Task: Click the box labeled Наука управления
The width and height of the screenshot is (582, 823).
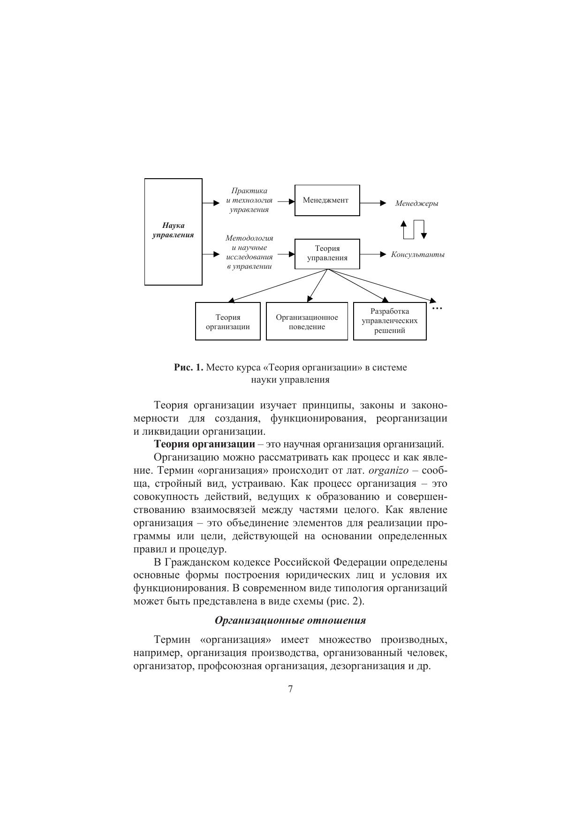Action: click(173, 231)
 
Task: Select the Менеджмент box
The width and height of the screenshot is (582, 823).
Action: click(327, 200)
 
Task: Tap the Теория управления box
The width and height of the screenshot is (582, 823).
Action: click(327, 254)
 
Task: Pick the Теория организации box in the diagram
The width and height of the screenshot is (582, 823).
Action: click(227, 321)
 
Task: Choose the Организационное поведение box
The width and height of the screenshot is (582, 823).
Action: click(307, 321)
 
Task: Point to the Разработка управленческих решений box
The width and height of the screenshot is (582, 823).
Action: click(389, 321)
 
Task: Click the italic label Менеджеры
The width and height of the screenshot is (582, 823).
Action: click(416, 204)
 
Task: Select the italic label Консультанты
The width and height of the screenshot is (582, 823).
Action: click(417, 255)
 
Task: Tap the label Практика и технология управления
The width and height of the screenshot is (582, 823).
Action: click(249, 200)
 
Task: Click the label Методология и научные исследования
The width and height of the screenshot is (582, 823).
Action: click(249, 252)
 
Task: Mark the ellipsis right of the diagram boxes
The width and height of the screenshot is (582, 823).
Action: click(437, 308)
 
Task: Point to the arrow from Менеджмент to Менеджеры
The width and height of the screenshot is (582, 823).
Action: click(373, 203)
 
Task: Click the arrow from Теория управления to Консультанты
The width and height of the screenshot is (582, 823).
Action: click(373, 254)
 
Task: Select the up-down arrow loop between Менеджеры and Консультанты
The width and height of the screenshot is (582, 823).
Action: click(413, 229)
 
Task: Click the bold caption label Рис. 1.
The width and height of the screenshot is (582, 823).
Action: click(189, 368)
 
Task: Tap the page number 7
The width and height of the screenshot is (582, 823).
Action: click(290, 689)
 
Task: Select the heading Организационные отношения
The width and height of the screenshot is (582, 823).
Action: click(290, 620)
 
